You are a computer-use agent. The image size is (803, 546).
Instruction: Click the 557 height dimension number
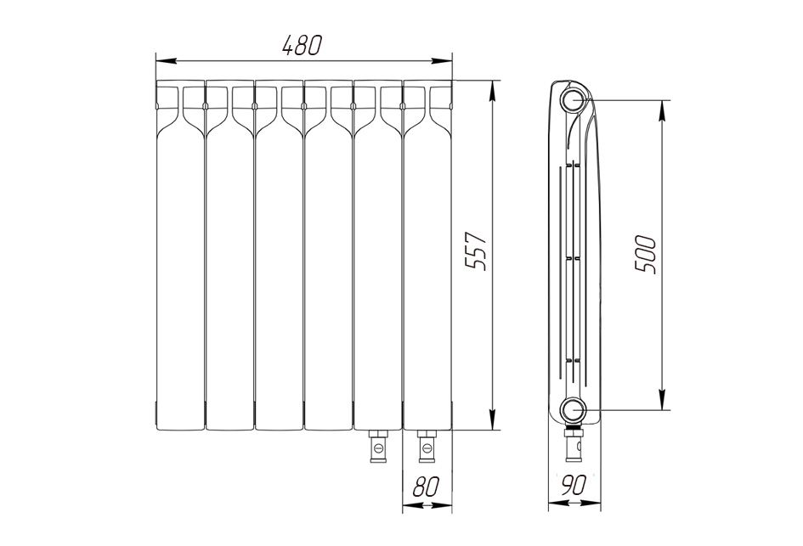[475, 250]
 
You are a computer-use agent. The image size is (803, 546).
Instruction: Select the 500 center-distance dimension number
[646, 255]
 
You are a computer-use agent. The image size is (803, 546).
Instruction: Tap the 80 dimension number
[426, 486]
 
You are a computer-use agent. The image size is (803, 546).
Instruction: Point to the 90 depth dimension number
[573, 484]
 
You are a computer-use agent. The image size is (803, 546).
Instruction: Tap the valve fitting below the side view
[573, 443]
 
